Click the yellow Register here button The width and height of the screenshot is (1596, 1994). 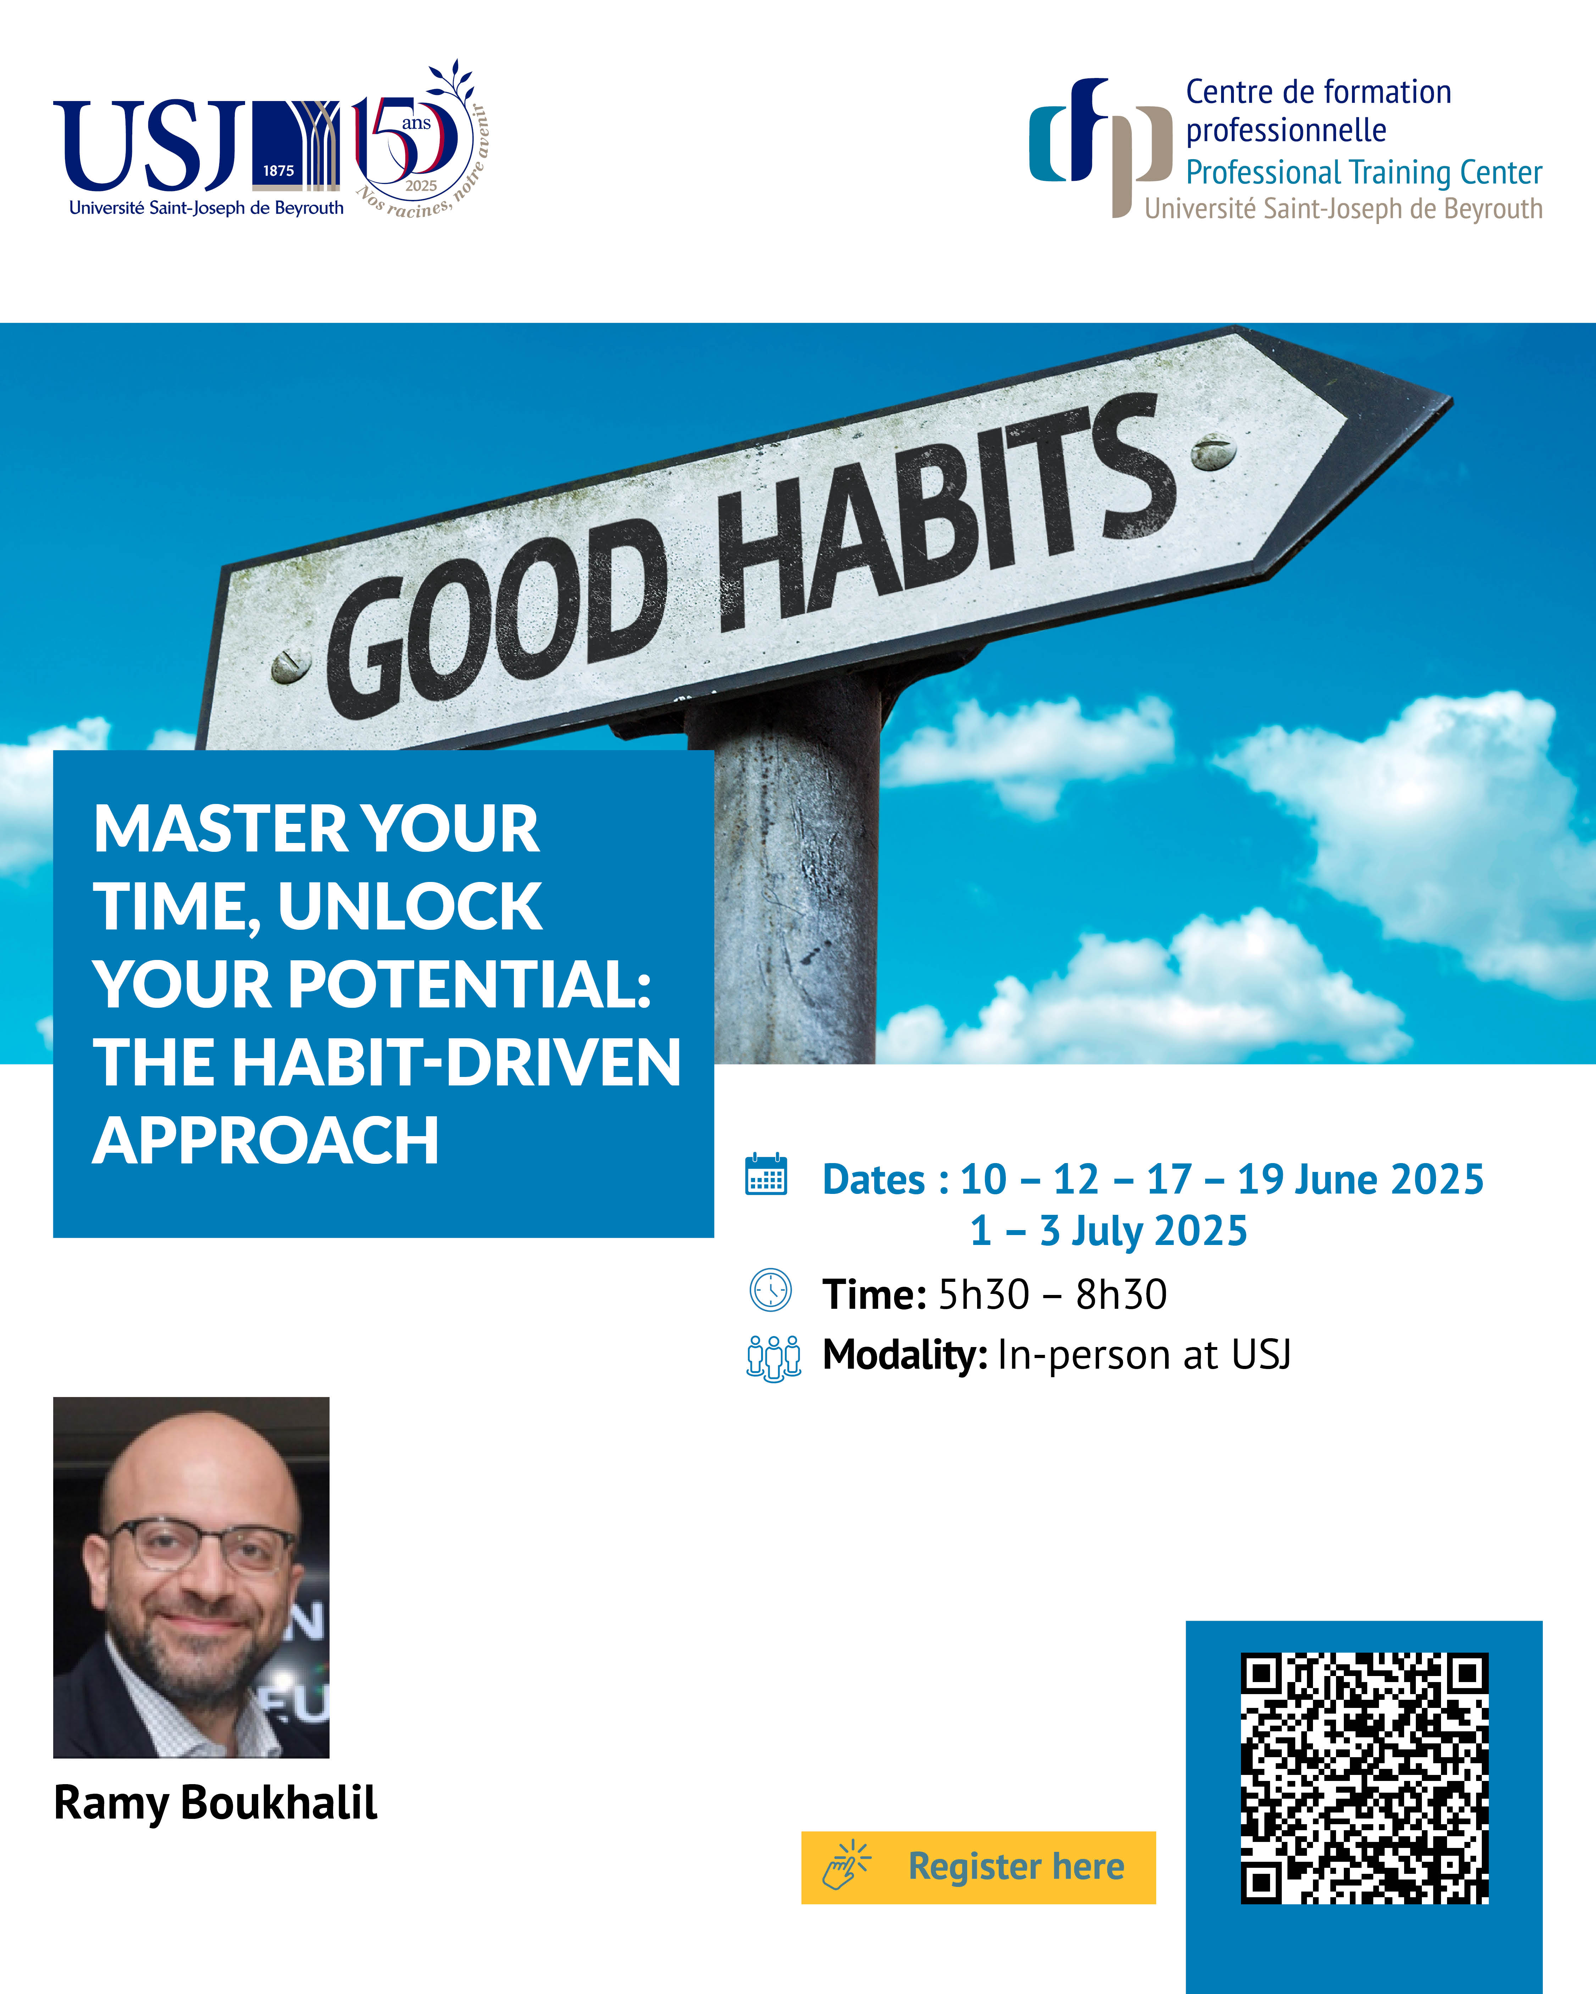tap(978, 1866)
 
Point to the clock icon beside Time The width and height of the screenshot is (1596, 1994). tap(770, 1290)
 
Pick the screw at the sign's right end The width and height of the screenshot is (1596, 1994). tap(1213, 451)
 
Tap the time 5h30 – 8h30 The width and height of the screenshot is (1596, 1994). tap(1052, 1294)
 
